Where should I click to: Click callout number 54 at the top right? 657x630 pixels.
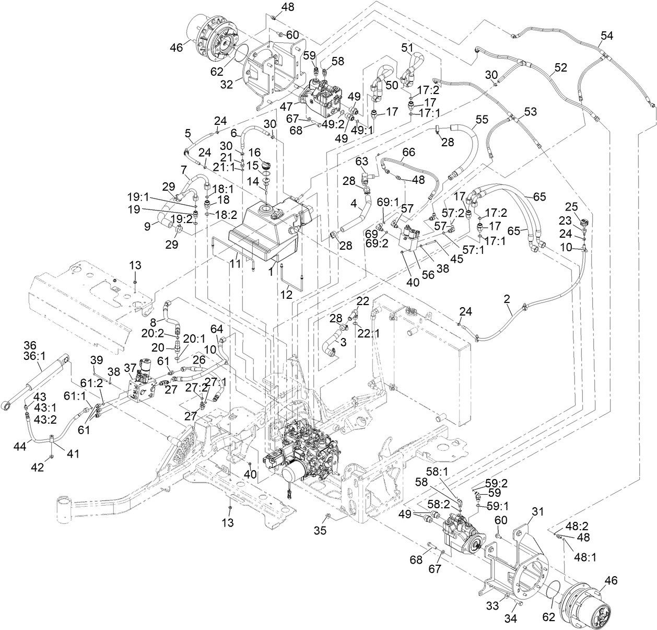click(x=606, y=36)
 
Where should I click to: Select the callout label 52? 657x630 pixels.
click(x=560, y=67)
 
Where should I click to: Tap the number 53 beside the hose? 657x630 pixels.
click(x=530, y=111)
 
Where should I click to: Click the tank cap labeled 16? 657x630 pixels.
click(x=267, y=165)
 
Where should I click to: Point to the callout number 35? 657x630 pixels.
click(x=320, y=530)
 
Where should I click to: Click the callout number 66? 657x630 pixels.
click(x=408, y=152)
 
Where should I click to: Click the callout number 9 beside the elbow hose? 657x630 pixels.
click(x=148, y=226)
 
